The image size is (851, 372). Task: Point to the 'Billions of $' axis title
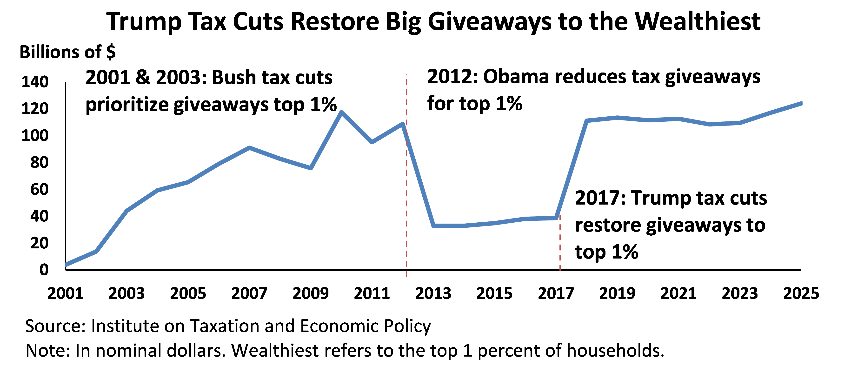[67, 52]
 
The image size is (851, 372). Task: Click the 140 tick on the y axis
[35, 82]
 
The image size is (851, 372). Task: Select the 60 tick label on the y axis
[39, 189]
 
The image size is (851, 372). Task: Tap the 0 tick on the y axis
[44, 270]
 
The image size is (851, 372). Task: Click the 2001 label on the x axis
[65, 293]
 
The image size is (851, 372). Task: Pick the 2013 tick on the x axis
[433, 293]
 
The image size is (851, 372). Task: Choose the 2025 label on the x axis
[801, 293]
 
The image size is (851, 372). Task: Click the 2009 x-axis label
[311, 293]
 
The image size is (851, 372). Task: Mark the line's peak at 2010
[341, 112]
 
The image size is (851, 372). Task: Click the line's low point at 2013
[433, 226]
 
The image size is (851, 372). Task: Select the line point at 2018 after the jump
[587, 120]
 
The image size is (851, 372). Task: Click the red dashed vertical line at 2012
[406, 198]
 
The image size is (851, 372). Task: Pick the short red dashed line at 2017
[560, 245]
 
